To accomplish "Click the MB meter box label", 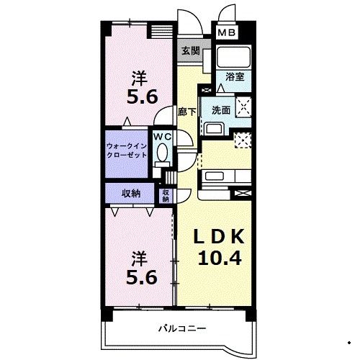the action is pyautogui.click(x=227, y=33).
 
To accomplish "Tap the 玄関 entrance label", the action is pyautogui.click(x=191, y=50).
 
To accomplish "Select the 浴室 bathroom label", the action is pyautogui.click(x=235, y=77).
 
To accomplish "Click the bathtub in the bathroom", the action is pyautogui.click(x=233, y=57).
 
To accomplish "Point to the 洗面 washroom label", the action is pyautogui.click(x=221, y=110).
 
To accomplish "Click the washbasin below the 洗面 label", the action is pyautogui.click(x=214, y=129).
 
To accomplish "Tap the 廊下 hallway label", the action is pyautogui.click(x=186, y=112).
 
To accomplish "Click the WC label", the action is pyautogui.click(x=163, y=137).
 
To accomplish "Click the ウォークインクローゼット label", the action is pyautogui.click(x=127, y=150).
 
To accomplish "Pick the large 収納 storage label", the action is pyautogui.click(x=131, y=193).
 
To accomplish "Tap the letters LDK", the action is pyautogui.click(x=219, y=237).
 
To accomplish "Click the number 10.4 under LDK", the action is pyautogui.click(x=220, y=258).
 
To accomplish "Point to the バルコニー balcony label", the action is pyautogui.click(x=182, y=328).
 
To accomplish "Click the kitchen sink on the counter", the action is pyautogui.click(x=215, y=176).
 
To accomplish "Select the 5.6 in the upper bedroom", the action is pyautogui.click(x=142, y=96).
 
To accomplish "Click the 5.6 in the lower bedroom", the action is pyautogui.click(x=142, y=278).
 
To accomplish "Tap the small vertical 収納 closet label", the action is pyautogui.click(x=166, y=196).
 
